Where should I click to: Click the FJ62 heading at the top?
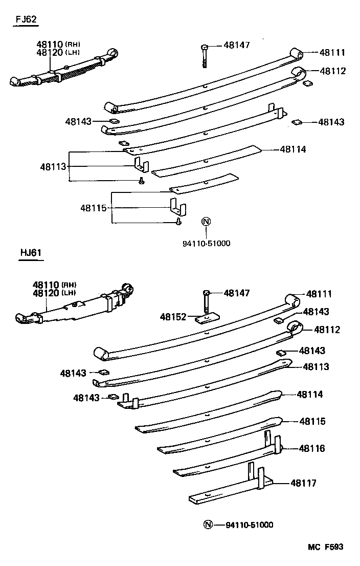[25, 20]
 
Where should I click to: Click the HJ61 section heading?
[31, 252]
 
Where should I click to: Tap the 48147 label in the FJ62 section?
[236, 46]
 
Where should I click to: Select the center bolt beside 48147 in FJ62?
[205, 55]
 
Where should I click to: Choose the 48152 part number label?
[172, 317]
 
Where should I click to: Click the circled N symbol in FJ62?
[206, 222]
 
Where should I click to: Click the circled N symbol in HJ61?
[207, 525]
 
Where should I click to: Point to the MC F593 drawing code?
[325, 547]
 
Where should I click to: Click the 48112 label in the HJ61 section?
[327, 330]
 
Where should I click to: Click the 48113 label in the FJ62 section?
[53, 166]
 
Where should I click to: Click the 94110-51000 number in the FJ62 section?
[207, 243]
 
